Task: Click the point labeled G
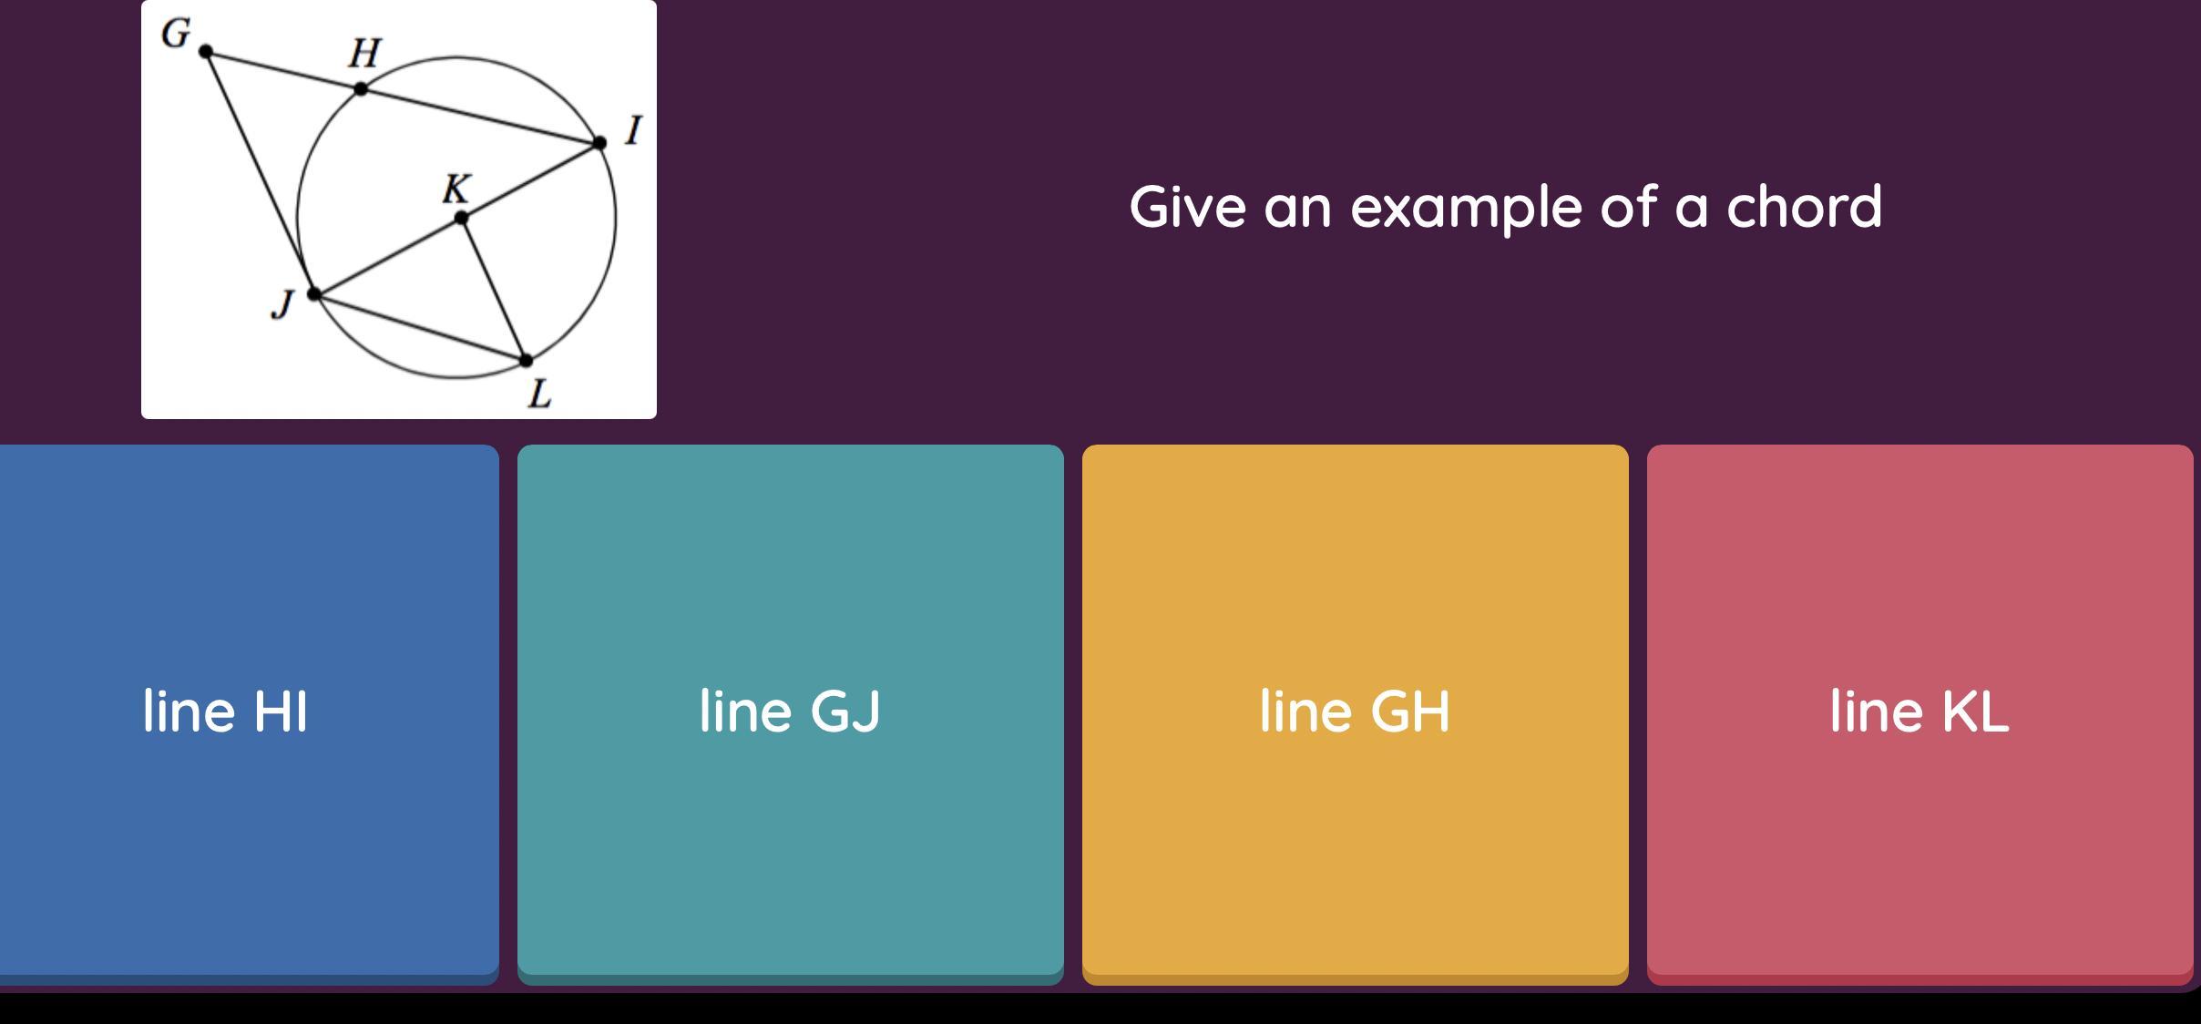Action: [x=206, y=52]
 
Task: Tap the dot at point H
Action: [x=362, y=88]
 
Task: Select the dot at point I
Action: [x=599, y=143]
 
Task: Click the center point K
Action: [x=461, y=218]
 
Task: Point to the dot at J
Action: [x=314, y=294]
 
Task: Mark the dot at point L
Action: [x=526, y=361]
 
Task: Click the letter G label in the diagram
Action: [x=176, y=34]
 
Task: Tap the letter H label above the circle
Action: [x=364, y=54]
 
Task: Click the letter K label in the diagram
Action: [x=456, y=189]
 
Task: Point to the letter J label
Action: [x=283, y=304]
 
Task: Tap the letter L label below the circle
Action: [x=540, y=394]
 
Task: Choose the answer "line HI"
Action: [x=226, y=711]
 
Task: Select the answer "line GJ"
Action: [x=790, y=711]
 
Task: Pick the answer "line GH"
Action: [x=1355, y=711]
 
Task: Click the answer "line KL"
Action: [x=1919, y=711]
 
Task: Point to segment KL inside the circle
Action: [x=494, y=290]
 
